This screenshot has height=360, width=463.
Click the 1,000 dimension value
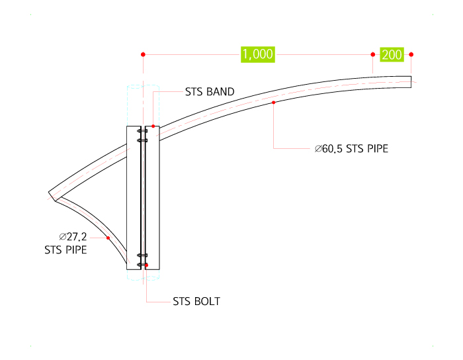pyautogui.click(x=258, y=54)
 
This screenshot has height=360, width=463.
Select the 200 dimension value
pyautogui.click(x=392, y=55)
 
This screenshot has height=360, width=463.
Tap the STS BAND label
pyautogui.click(x=210, y=92)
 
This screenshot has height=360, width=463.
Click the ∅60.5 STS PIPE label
pyautogui.click(x=351, y=148)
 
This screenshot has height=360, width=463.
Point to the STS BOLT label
pyautogui.click(x=196, y=302)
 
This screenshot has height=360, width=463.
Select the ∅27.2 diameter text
pyautogui.click(x=73, y=236)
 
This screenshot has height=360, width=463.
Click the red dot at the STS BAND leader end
pyautogui.click(x=153, y=126)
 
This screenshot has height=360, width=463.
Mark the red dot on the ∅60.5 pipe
pyautogui.click(x=273, y=103)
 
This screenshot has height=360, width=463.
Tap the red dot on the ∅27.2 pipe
pyautogui.click(x=108, y=238)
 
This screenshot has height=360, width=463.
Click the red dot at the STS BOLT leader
pyautogui.click(x=146, y=265)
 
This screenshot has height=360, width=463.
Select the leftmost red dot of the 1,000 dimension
pyautogui.click(x=144, y=54)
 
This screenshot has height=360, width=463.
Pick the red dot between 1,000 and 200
pyautogui.click(x=372, y=54)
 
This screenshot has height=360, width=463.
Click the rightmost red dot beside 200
pyautogui.click(x=411, y=54)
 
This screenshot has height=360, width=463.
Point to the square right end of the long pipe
pyautogui.click(x=411, y=82)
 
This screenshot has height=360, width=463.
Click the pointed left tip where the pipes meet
pyautogui.click(x=49, y=193)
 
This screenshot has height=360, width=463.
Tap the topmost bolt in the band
pyautogui.click(x=142, y=131)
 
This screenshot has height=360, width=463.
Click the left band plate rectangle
pyautogui.click(x=134, y=198)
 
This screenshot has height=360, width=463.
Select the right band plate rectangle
pyautogui.click(x=152, y=198)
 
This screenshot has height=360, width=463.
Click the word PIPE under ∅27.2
pyautogui.click(x=76, y=250)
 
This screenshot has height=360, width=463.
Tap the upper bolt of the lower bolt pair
pyautogui.click(x=142, y=255)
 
